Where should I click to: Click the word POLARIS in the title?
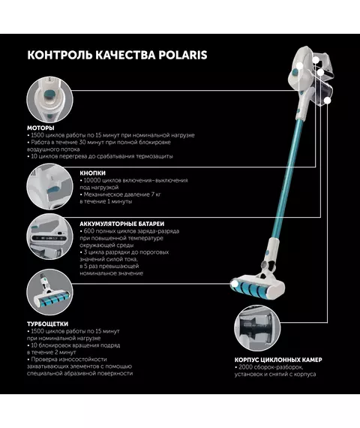click(183, 55)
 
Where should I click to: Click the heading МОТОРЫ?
click(40, 128)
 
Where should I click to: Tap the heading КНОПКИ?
click(92, 173)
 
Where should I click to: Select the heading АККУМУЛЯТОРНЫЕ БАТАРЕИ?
click(122, 224)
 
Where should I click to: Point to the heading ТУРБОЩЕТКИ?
click(47, 324)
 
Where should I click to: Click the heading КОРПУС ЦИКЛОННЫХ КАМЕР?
click(278, 360)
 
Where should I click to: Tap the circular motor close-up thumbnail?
click(49, 100)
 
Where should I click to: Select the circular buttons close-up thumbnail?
click(49, 186)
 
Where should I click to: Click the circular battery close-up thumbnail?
click(49, 237)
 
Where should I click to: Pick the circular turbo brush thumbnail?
click(49, 292)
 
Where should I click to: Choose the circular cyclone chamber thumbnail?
click(257, 328)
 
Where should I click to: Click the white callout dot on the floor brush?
click(235, 284)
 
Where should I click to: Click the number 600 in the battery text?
click(88, 231)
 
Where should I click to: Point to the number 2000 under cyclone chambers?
click(245, 367)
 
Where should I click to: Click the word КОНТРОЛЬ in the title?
click(60, 55)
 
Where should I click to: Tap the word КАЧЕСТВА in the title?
click(125, 55)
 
